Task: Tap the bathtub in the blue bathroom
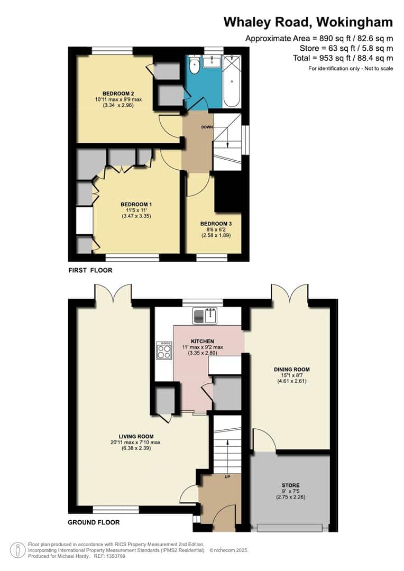point(232,81)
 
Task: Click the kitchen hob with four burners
point(164,351)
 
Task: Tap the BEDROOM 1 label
point(136,204)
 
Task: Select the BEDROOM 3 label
point(216,224)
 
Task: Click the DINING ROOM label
point(292,369)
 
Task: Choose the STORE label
point(291,485)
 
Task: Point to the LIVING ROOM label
point(136,436)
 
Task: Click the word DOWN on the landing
point(207,127)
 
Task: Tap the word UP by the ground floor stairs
point(228,476)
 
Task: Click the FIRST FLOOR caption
point(90,270)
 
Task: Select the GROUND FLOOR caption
point(94,522)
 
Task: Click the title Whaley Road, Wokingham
point(308,22)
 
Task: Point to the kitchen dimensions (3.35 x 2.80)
point(203,353)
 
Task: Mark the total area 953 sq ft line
point(343,58)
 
